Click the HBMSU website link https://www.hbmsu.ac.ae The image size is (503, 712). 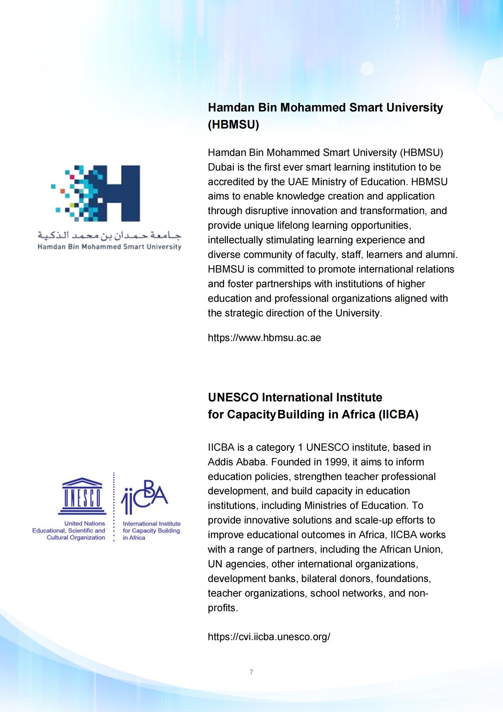(264, 338)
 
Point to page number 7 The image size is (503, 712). (251, 672)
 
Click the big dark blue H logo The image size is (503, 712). (121, 193)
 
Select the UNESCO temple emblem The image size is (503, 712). (82, 495)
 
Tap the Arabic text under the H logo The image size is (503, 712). (110, 236)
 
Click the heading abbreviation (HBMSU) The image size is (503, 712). (233, 125)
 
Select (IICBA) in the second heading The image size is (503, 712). (398, 414)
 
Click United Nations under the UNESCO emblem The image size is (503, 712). (85, 523)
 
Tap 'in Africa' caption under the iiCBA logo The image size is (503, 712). (134, 538)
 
